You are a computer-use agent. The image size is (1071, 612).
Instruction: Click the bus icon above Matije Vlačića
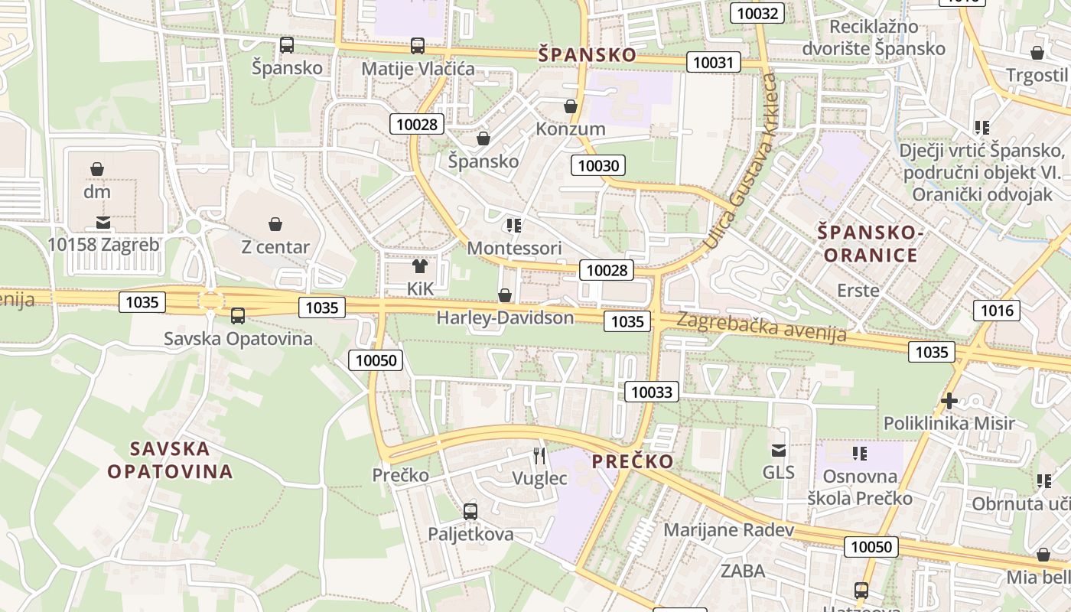[418, 46]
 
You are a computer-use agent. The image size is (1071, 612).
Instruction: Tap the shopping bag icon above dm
[97, 169]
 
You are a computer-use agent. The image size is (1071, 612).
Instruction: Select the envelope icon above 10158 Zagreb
[103, 223]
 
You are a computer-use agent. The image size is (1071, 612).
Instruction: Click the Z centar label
[275, 247]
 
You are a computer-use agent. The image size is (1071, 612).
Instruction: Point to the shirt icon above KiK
[420, 266]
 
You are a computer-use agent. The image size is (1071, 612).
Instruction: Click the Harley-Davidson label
[505, 317]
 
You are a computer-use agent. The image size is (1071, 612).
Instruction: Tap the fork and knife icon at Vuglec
[540, 456]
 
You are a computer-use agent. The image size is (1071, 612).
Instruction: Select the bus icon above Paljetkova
[470, 511]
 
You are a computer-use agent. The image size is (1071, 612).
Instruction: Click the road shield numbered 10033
[652, 392]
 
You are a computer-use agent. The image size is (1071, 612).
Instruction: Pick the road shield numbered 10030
[600, 165]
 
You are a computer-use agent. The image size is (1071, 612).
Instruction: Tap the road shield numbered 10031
[713, 62]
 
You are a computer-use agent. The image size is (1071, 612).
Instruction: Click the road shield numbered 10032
[757, 12]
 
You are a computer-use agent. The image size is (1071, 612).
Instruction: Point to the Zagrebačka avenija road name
[761, 327]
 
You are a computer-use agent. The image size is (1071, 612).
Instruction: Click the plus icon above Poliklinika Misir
[949, 400]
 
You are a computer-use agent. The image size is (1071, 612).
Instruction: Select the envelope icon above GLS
[779, 451]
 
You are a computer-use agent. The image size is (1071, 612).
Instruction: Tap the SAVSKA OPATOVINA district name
[170, 460]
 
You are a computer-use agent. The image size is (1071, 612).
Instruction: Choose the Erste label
[858, 291]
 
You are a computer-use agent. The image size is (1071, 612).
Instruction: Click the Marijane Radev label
[728, 529]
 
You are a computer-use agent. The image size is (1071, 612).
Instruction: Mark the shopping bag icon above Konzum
[571, 106]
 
